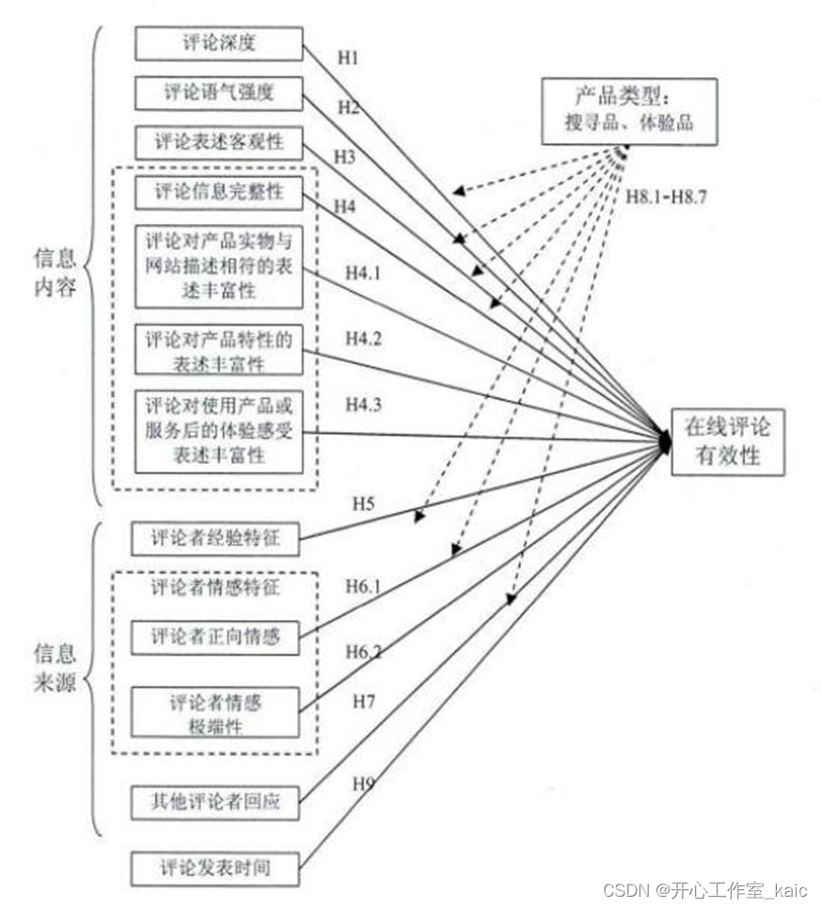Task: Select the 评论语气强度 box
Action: [219, 94]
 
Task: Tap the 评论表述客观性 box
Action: [219, 144]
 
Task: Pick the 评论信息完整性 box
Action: [219, 194]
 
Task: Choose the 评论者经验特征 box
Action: [216, 538]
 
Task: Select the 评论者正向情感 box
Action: [216, 637]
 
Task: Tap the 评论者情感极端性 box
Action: [216, 714]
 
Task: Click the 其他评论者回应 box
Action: [216, 804]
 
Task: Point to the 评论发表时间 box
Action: [216, 867]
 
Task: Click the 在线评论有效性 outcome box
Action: [726, 442]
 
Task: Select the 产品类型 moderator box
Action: [629, 111]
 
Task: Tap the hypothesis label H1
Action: [349, 58]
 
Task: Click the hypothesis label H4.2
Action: [364, 337]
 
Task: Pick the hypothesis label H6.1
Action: [364, 587]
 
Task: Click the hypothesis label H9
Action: [364, 783]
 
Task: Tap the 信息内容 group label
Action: [55, 272]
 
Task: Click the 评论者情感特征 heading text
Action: [215, 588]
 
